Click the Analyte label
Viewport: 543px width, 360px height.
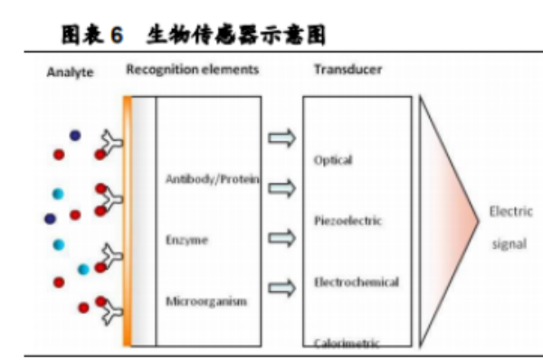70,72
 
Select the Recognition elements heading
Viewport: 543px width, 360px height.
193,69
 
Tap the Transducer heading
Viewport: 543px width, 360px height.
348,69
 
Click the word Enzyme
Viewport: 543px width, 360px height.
186,240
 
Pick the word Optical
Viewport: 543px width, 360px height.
333,161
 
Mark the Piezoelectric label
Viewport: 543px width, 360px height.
348,221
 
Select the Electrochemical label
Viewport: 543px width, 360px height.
356,282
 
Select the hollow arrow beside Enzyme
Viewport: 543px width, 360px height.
282,239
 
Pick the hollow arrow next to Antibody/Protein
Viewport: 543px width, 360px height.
282,188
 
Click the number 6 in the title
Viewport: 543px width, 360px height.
116,35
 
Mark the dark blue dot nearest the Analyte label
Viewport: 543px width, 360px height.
75,136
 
